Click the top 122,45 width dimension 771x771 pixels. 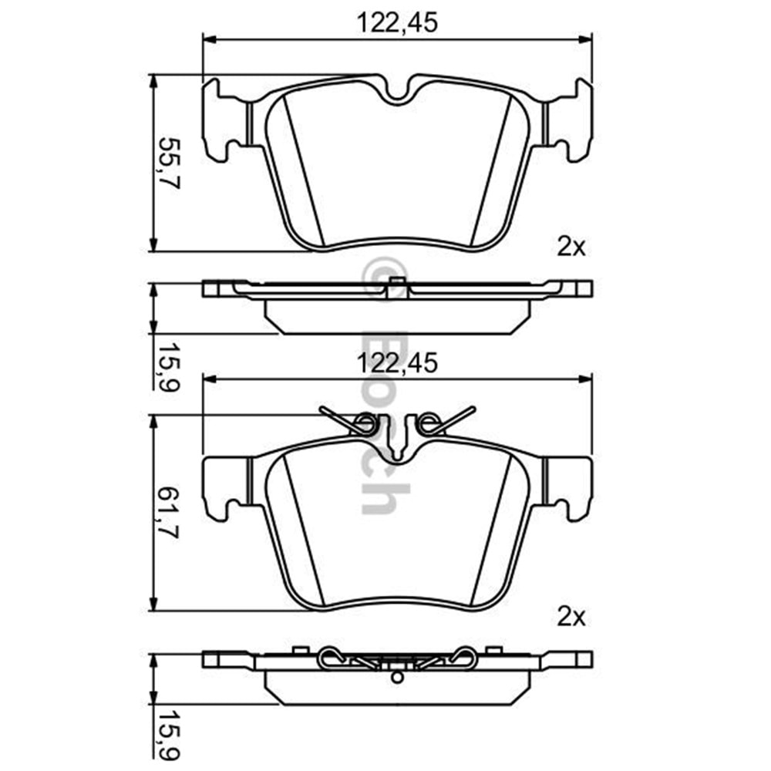pyautogui.click(x=397, y=22)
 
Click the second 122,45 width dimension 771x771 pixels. pyautogui.click(x=397, y=363)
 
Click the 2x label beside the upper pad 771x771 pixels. pyautogui.click(x=571, y=247)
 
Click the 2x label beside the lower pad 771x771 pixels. pyautogui.click(x=571, y=616)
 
